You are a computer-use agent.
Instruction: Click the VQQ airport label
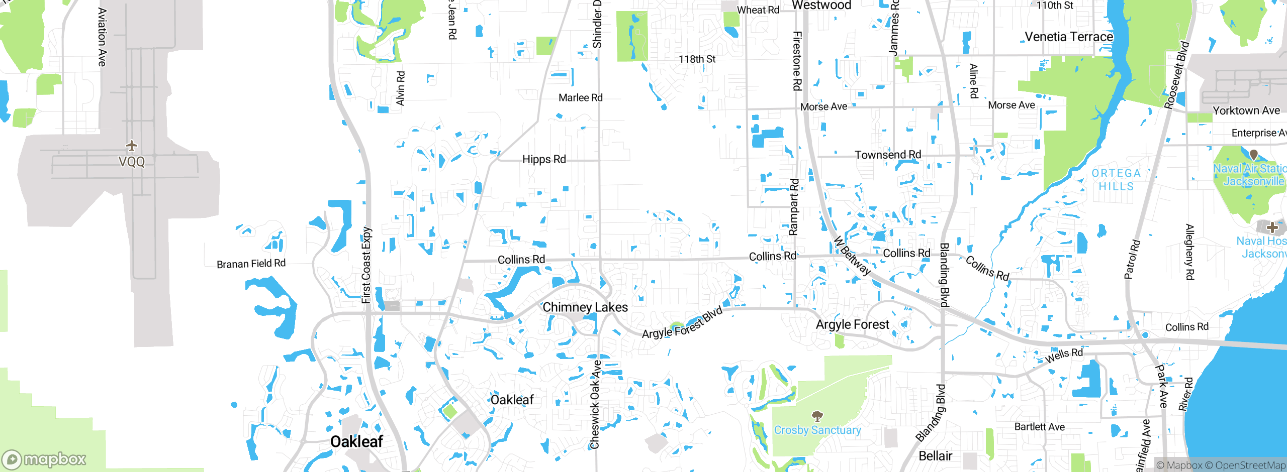(x=132, y=162)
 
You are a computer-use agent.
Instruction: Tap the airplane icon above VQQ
(x=132, y=146)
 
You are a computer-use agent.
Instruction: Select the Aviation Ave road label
(x=102, y=37)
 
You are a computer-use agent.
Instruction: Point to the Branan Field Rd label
(x=251, y=264)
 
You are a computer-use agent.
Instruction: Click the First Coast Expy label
(x=366, y=265)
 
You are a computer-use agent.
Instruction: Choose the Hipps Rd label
(x=544, y=160)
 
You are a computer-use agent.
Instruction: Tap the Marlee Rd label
(x=580, y=98)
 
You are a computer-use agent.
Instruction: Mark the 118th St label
(x=697, y=59)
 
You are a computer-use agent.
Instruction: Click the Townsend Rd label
(x=888, y=155)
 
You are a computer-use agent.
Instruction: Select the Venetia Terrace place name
(x=1069, y=37)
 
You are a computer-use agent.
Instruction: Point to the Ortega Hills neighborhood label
(x=1116, y=180)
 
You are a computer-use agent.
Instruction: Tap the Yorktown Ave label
(x=1246, y=111)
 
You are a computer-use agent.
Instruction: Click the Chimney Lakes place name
(x=585, y=307)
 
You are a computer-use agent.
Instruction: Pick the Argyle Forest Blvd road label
(x=683, y=322)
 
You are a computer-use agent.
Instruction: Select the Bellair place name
(x=935, y=456)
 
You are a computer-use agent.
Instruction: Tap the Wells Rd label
(x=1064, y=356)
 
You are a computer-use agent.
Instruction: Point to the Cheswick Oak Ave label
(x=595, y=404)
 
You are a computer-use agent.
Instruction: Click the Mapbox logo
(x=44, y=459)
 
